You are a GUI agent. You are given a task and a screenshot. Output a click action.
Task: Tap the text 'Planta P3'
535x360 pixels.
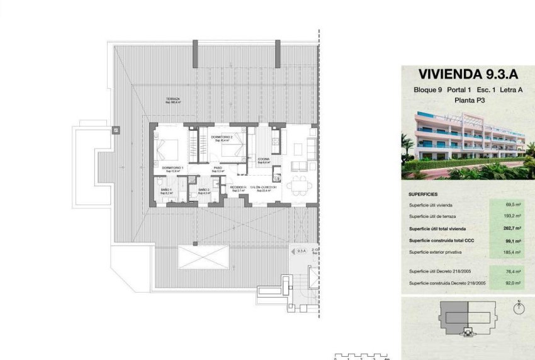[x=466, y=100]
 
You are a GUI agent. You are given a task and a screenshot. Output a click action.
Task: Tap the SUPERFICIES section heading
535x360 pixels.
[x=423, y=194]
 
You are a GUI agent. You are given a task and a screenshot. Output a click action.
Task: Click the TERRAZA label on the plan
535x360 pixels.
[x=173, y=99]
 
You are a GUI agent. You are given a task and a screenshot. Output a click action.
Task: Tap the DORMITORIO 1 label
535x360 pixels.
[x=172, y=168]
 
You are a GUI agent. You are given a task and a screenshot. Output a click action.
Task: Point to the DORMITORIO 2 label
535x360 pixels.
[x=222, y=137]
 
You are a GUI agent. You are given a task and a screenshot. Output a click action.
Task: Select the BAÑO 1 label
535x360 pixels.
[x=166, y=189]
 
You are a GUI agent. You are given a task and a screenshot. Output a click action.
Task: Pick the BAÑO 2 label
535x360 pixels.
[x=203, y=189]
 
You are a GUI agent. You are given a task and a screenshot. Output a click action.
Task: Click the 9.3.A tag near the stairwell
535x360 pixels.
[x=301, y=250]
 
